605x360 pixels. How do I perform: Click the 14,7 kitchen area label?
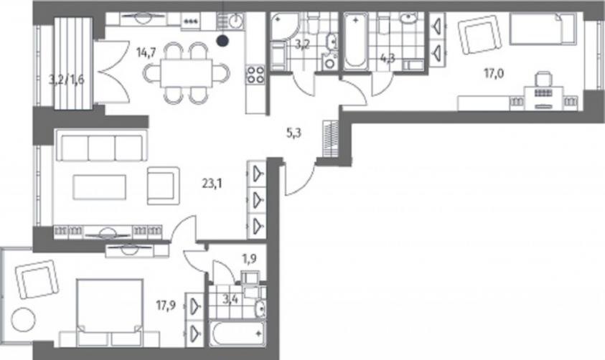146,52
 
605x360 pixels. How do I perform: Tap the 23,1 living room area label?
212,184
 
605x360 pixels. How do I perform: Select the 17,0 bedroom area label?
494,73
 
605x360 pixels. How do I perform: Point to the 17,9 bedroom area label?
166,305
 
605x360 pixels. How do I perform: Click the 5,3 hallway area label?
294,133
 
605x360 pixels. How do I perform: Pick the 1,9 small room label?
249,259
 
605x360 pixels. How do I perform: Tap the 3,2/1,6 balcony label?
66,80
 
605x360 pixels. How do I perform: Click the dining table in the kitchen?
187,73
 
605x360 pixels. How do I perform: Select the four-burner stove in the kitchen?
255,75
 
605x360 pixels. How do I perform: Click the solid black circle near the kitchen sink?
222,40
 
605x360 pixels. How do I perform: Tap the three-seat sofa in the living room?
102,145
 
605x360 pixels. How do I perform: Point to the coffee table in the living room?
100,187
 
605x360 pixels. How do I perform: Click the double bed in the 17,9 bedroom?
110,312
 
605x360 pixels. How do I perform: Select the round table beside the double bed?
24,320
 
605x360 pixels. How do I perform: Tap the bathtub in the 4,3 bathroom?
356,42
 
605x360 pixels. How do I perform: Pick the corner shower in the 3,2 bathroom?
285,27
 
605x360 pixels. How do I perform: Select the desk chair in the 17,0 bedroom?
543,82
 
